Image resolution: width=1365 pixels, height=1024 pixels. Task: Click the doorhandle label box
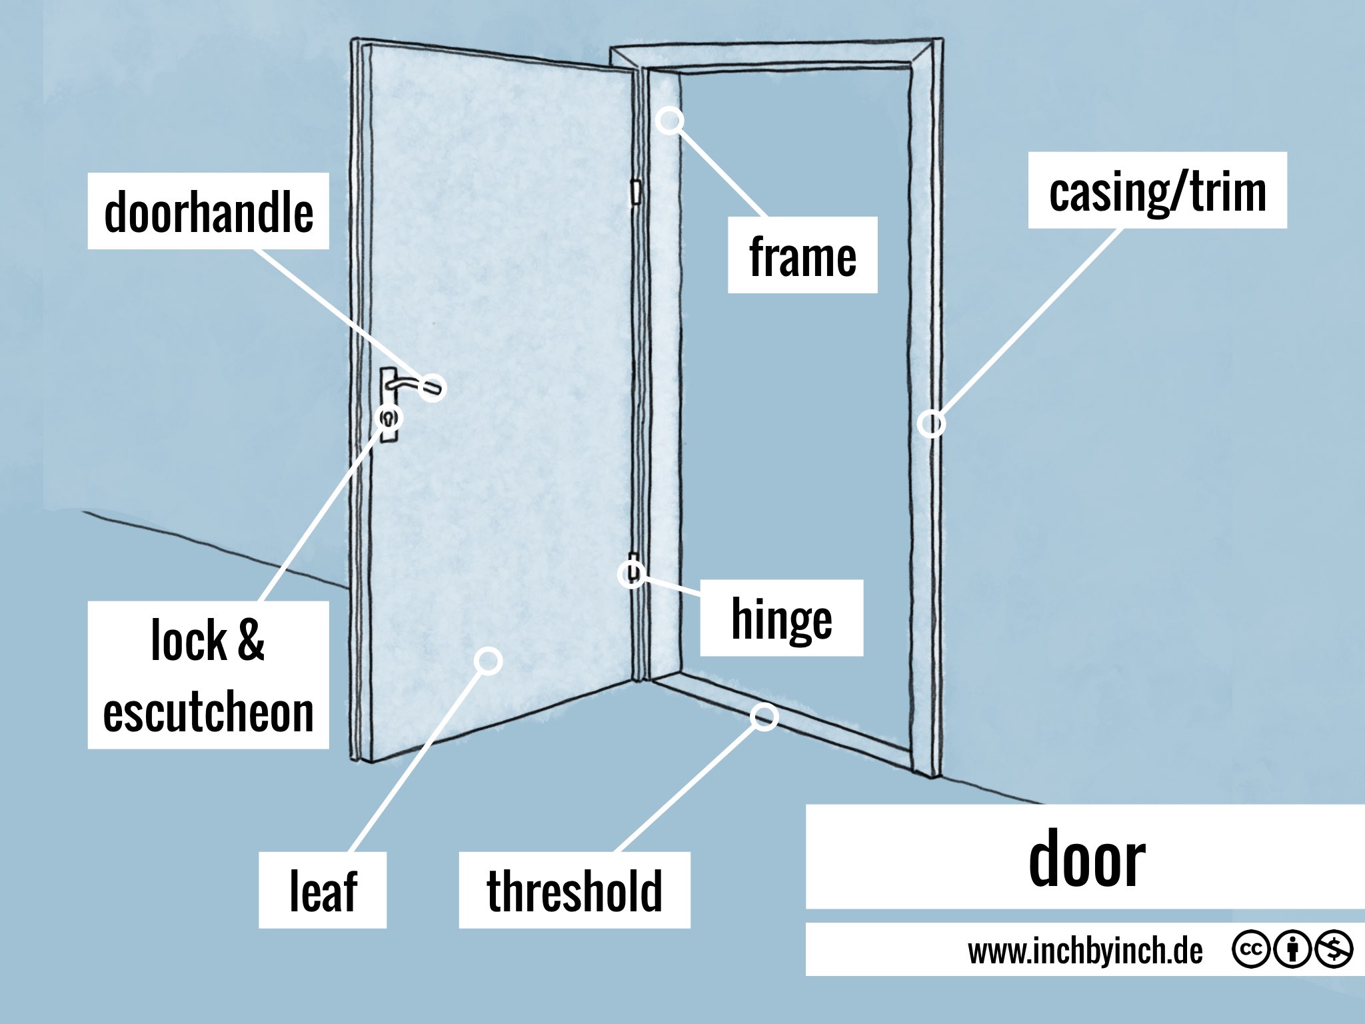click(208, 211)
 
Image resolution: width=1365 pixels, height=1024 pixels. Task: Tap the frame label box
click(802, 255)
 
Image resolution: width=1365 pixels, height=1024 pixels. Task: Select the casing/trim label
click(1157, 191)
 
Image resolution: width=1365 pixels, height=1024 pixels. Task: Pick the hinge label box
click(781, 618)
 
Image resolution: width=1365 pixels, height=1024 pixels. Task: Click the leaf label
click(323, 890)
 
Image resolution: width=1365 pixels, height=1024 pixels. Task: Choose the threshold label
click(575, 890)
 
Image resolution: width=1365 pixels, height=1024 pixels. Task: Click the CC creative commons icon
click(1250, 949)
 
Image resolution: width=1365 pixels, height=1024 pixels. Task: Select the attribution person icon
click(1292, 949)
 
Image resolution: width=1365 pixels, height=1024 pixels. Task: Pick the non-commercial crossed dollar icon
click(1334, 949)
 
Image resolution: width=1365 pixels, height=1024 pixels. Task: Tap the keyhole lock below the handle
click(389, 419)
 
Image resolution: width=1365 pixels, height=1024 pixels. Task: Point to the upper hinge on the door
click(636, 192)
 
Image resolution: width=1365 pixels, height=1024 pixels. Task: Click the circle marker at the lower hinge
click(631, 573)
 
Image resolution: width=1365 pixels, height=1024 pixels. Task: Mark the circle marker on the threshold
click(764, 716)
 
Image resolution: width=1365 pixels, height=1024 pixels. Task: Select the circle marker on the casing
click(931, 423)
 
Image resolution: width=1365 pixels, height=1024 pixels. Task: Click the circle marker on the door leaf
click(489, 661)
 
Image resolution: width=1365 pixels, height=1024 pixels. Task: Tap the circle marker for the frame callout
click(670, 121)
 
